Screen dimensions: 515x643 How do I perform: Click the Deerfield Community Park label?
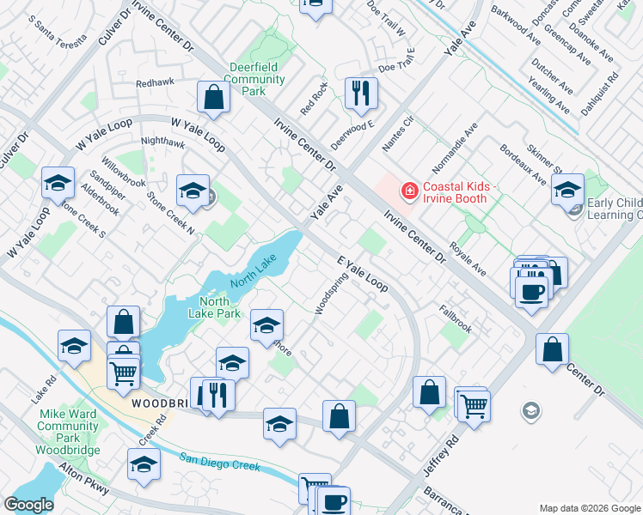click(257, 79)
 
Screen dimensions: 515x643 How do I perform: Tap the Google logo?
click(28, 505)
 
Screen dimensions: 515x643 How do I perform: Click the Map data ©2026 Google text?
click(589, 508)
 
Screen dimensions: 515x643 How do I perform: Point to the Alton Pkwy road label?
click(83, 480)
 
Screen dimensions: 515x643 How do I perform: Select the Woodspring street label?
click(331, 294)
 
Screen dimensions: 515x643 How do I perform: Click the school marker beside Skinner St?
click(567, 190)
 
